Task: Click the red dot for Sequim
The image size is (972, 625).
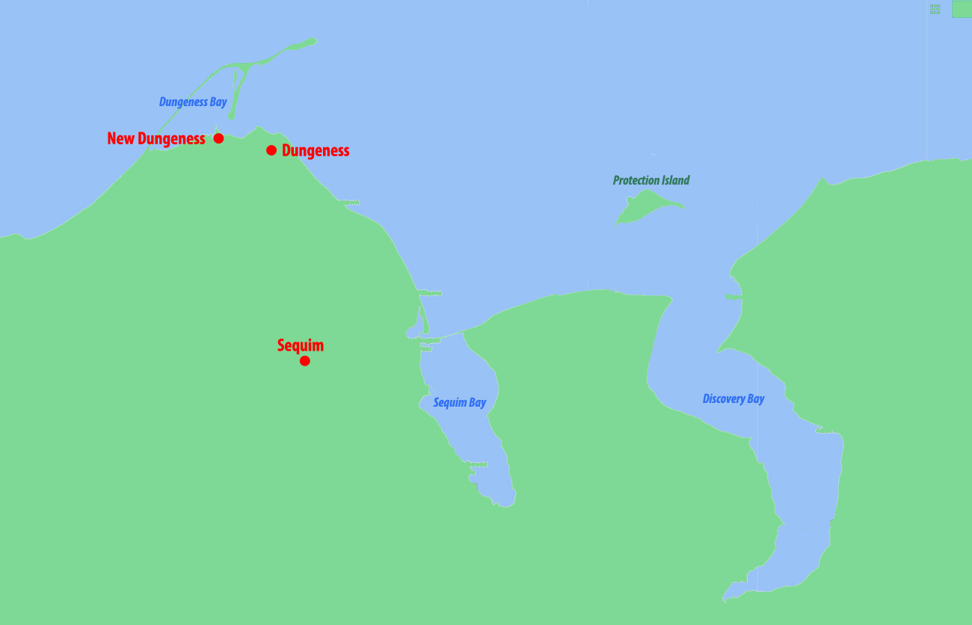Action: [304, 361]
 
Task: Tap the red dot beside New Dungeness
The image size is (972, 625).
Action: [218, 138]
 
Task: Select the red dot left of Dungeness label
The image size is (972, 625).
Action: [271, 150]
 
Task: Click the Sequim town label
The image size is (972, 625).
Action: [300, 345]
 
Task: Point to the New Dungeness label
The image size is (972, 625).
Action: [156, 139]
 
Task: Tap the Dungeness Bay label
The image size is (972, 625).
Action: [193, 102]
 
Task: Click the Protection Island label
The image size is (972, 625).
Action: [651, 180]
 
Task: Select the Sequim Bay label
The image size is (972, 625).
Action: [460, 403]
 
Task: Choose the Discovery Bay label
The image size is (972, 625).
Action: [733, 399]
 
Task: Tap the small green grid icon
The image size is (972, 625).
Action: [935, 9]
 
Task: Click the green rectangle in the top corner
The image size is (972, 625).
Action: [961, 9]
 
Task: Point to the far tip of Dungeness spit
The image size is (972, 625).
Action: [312, 40]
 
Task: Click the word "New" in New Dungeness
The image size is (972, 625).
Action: [121, 139]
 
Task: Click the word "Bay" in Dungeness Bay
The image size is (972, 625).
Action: [218, 102]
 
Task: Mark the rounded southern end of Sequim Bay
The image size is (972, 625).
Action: [505, 499]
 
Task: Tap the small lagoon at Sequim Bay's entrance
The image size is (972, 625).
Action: [414, 330]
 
